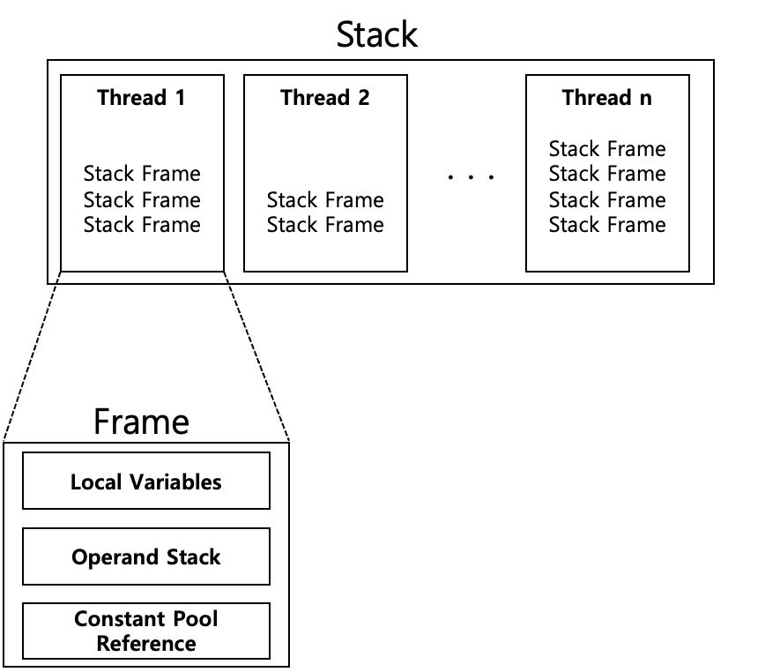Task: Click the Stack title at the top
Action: (x=376, y=34)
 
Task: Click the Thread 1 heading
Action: (x=141, y=98)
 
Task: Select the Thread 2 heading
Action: (x=325, y=98)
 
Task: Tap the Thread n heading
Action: (x=607, y=98)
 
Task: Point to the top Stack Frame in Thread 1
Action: (x=142, y=174)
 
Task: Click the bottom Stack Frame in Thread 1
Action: (x=142, y=225)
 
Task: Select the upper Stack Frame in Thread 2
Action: (x=325, y=200)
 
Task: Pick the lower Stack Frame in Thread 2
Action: (x=325, y=225)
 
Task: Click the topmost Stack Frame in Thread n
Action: (x=607, y=149)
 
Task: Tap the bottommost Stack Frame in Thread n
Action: (x=607, y=225)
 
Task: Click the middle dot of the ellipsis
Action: (x=471, y=177)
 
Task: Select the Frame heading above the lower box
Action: (x=142, y=422)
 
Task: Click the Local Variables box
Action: (x=146, y=481)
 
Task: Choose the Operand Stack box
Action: (x=146, y=556)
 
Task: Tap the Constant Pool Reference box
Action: (x=146, y=631)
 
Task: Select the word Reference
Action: (x=146, y=644)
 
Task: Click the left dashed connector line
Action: (x=31, y=355)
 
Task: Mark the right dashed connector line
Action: (x=256, y=355)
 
